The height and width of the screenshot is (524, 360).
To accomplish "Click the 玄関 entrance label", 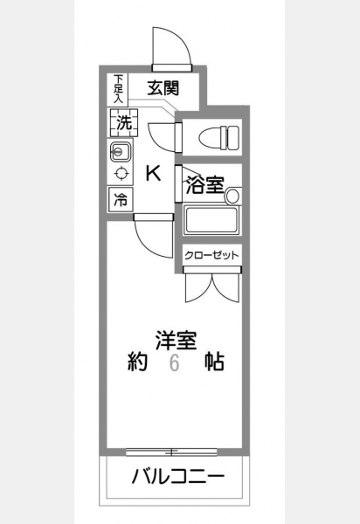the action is pos(163,88).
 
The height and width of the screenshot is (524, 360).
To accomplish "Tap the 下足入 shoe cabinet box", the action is pos(118,88).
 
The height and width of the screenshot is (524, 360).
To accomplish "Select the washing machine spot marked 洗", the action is pos(122,122).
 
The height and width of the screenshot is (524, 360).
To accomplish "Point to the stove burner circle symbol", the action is pos(121,174).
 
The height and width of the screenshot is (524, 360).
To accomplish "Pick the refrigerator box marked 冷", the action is pos(121,200).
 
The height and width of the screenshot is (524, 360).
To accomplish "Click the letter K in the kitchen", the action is pos(154,174).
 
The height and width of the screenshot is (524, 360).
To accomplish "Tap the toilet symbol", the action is pos(219,137).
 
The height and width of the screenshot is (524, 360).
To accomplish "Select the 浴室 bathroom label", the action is pos(204,185).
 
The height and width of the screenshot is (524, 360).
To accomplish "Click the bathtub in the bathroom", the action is pos(211,220).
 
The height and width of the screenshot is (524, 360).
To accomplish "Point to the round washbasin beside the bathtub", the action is pos(232,196).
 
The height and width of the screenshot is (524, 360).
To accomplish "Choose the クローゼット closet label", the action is pos(212,256).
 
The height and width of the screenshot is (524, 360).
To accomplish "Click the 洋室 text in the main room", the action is pos(176,341).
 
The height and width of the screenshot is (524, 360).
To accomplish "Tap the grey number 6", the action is pos(175,363).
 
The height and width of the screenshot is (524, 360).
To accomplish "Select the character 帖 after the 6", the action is pos(214,362).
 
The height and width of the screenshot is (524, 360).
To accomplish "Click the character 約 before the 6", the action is pos(137,362).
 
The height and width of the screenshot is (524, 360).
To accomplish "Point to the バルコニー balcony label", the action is pos(178,477).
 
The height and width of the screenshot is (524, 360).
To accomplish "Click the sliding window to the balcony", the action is pos(171,452).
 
